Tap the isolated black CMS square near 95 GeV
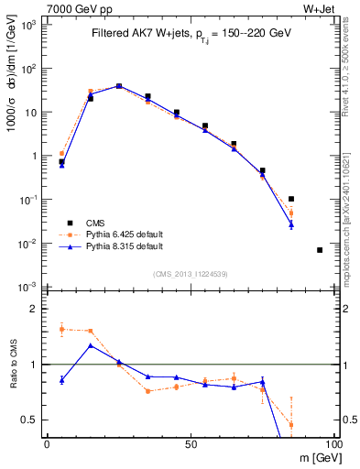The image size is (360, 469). point(320,250)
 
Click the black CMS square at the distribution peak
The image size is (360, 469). point(119,86)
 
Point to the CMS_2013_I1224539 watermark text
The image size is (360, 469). point(190,273)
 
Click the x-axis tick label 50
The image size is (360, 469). point(190,443)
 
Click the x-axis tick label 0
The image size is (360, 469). point(47,443)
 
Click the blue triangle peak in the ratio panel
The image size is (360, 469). point(90,345)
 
